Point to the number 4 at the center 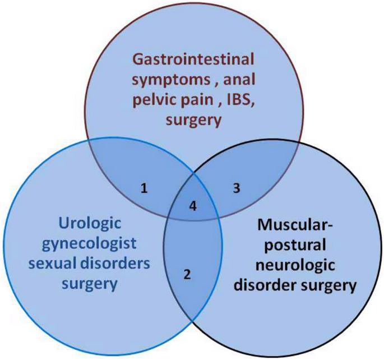point(193,206)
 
